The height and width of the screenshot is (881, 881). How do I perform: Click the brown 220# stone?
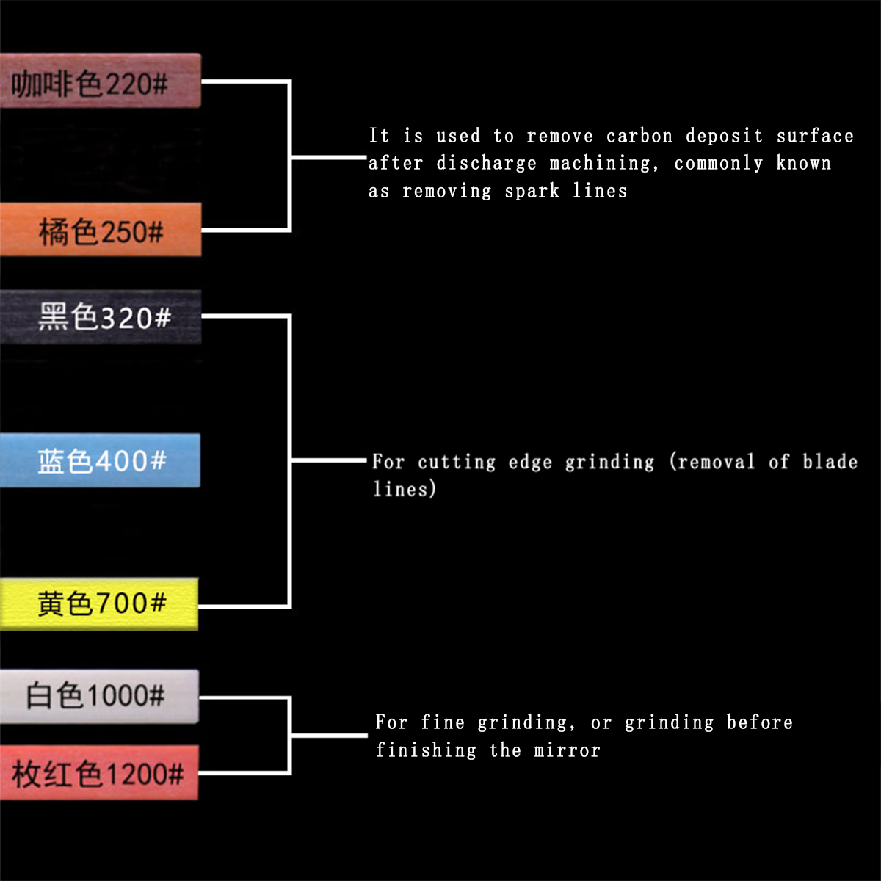[x=100, y=81]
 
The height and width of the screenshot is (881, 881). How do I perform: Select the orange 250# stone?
[x=100, y=230]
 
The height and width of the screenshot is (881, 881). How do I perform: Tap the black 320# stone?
[x=100, y=317]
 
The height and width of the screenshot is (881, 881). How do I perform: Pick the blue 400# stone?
[x=100, y=460]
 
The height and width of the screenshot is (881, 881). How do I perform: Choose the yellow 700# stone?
[x=99, y=603]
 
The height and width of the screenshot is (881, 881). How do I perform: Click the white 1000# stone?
[x=99, y=695]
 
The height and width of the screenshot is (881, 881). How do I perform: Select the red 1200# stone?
[x=99, y=772]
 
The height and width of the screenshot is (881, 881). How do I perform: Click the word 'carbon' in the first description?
[x=639, y=137]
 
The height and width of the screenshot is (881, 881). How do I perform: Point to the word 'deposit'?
[x=724, y=137]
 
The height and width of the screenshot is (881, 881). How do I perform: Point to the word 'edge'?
[x=529, y=463]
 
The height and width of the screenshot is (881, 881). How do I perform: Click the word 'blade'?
[x=830, y=462]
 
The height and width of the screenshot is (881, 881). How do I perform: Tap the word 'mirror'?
[x=567, y=750]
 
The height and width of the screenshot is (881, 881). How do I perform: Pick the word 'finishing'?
[x=426, y=750]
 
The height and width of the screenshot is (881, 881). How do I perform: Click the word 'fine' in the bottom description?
[x=443, y=722]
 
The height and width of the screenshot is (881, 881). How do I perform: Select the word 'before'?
[x=759, y=722]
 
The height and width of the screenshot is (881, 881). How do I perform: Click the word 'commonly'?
[x=719, y=163]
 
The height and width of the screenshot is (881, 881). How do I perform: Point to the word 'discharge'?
[x=487, y=163]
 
